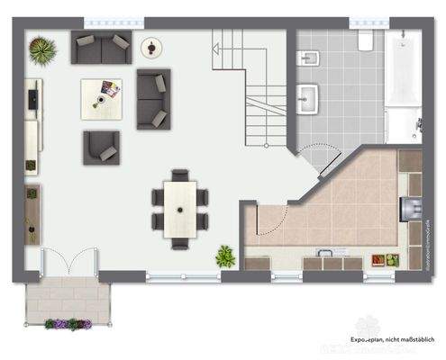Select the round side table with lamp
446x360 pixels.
[x=151, y=46]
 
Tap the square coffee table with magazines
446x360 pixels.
[x=102, y=98]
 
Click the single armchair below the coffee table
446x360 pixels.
[x=101, y=148]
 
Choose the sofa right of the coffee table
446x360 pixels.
[x=153, y=98]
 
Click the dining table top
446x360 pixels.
[x=180, y=208]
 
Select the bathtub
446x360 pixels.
[x=402, y=85]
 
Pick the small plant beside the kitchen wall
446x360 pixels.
[x=225, y=257]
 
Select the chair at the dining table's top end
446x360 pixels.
[x=180, y=175]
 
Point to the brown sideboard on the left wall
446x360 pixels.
[x=32, y=214]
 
